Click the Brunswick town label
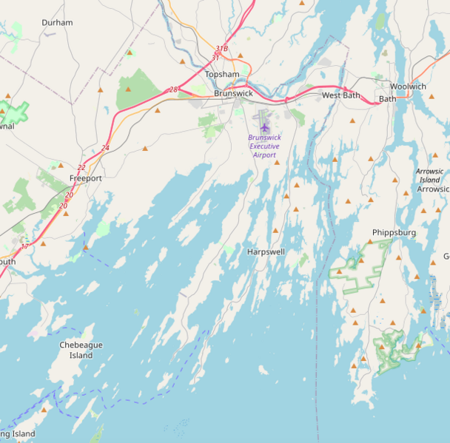[x=233, y=94]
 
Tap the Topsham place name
[x=221, y=75]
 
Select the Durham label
[x=57, y=23]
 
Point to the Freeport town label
[x=85, y=179]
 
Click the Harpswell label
[x=266, y=252]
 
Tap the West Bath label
[x=340, y=96]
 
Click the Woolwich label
[x=408, y=87]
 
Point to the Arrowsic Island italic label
[x=430, y=175]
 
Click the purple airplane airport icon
[x=264, y=127]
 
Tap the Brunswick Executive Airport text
[x=264, y=146]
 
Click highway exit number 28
[x=173, y=89]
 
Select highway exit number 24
[x=105, y=148]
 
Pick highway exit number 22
[x=81, y=168]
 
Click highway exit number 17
[x=24, y=246]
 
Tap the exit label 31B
[x=221, y=49]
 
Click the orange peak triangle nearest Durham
[x=130, y=53]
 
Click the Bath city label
[x=387, y=98]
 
